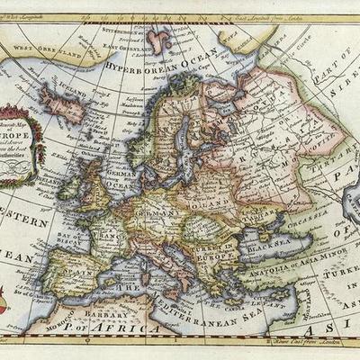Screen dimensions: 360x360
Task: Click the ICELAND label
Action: pyautogui.click(x=53, y=91)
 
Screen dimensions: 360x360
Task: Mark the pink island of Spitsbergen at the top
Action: pyautogui.click(x=161, y=40)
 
